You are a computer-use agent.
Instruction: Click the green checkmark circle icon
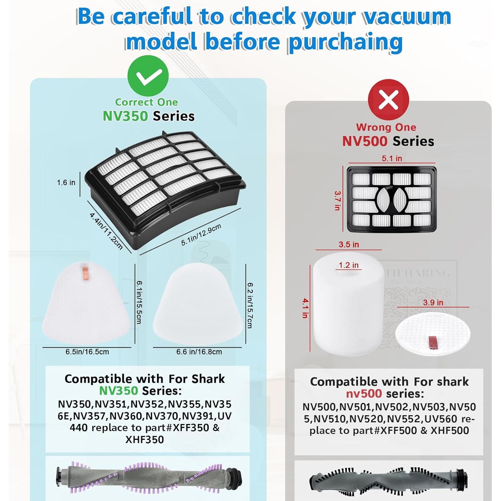click(x=148, y=76)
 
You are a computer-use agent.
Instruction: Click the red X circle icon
click(x=388, y=99)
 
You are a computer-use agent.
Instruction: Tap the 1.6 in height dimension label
click(x=66, y=183)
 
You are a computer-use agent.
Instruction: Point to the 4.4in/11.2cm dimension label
click(x=106, y=231)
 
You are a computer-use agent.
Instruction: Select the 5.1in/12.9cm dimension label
click(x=201, y=234)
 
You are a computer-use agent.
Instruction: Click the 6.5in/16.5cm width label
click(x=87, y=352)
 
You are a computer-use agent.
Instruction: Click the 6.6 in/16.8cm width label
click(x=199, y=352)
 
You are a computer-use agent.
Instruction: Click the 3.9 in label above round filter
click(x=433, y=302)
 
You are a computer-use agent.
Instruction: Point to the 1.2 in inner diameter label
click(x=348, y=265)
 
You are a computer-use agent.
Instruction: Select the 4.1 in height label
click(x=305, y=308)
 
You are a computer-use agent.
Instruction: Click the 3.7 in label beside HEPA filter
click(x=338, y=200)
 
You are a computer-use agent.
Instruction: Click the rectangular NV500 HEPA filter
click(x=391, y=199)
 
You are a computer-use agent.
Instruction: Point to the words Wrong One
click(x=386, y=127)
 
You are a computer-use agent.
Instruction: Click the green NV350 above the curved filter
click(x=125, y=116)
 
